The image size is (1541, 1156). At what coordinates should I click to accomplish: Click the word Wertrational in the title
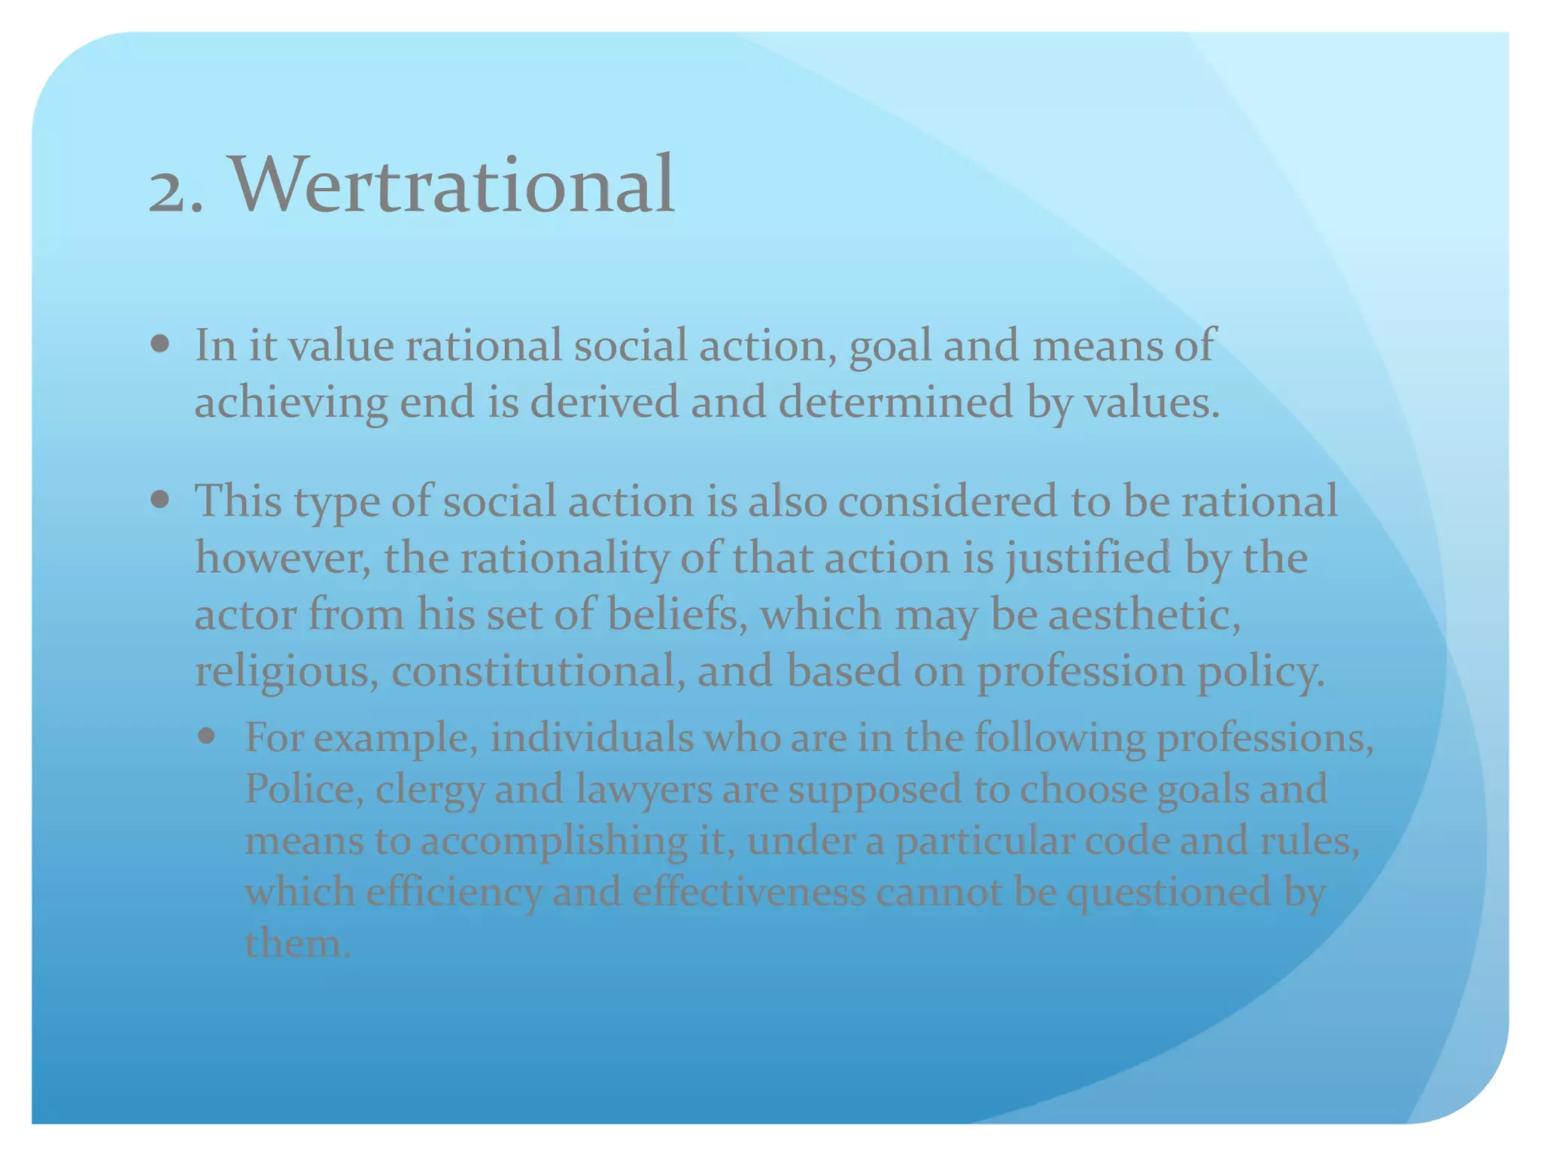451,184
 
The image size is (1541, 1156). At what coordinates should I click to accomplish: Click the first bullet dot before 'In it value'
160,345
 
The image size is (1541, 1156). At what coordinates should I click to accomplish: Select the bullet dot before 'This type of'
160,500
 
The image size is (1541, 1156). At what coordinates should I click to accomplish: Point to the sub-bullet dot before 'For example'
206,735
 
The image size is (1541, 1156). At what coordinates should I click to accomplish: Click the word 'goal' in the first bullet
890,347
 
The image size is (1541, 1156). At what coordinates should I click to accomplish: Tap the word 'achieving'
291,403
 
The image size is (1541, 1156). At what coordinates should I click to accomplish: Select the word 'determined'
895,402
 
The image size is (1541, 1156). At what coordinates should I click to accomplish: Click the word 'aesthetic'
1144,614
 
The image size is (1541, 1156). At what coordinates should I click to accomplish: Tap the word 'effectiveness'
749,891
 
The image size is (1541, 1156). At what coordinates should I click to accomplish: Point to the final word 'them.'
298,943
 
